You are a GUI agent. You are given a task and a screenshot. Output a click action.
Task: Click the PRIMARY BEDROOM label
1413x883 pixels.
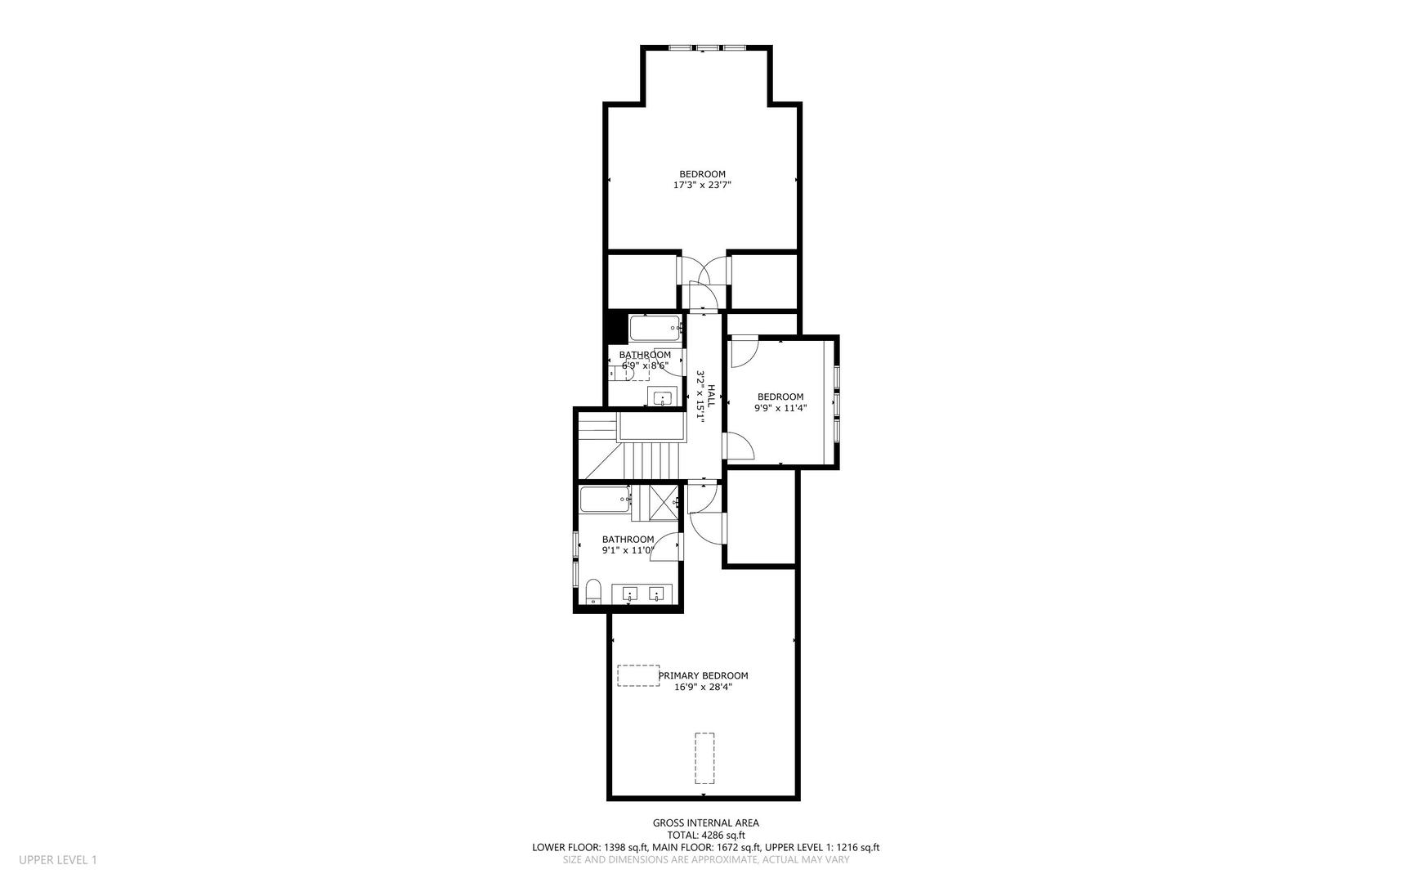[703, 675]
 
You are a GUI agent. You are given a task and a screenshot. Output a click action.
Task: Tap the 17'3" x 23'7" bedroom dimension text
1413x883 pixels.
[702, 186]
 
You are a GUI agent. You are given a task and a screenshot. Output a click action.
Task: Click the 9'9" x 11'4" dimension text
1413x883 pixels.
[780, 408]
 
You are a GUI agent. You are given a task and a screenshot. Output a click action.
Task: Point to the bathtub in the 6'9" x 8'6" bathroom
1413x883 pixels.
[655, 329]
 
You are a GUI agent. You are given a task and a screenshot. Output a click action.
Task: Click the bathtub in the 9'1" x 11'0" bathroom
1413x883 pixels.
[605, 500]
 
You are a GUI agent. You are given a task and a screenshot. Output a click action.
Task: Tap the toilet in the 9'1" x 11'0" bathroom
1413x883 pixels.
[593, 592]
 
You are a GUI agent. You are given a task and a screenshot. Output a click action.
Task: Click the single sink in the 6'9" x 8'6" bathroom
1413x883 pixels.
[662, 398]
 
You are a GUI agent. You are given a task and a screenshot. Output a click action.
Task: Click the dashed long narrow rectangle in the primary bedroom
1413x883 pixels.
[704, 758]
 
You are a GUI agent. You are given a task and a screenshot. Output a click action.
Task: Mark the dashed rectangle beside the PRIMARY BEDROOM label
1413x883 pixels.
[638, 675]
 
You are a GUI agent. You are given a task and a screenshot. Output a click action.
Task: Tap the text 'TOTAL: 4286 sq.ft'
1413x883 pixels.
[706, 836]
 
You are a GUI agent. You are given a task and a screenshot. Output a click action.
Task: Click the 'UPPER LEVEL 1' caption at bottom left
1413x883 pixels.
[58, 859]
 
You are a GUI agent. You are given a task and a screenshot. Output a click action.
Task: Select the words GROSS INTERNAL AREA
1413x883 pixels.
[706, 823]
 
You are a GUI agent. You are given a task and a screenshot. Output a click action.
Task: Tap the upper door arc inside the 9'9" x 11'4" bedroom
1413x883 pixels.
[745, 352]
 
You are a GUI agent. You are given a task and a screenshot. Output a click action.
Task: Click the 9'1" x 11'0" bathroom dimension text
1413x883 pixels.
[628, 550]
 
